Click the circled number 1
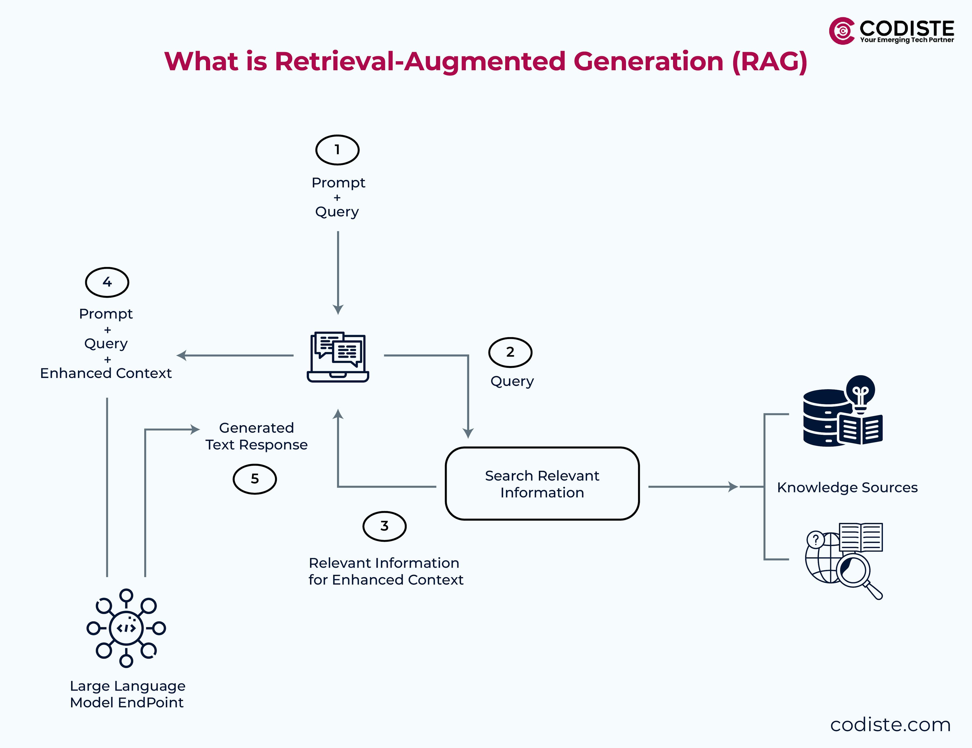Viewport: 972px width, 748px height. [337, 150]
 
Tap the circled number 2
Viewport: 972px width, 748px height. [510, 352]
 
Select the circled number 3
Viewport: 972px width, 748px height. [384, 526]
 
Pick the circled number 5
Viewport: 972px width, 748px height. [255, 479]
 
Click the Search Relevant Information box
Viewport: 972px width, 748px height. [542, 484]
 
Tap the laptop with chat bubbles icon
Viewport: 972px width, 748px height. [338, 356]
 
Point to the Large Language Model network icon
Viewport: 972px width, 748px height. [126, 628]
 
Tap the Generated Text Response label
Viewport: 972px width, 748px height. [256, 436]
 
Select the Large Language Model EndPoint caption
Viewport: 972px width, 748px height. [127, 694]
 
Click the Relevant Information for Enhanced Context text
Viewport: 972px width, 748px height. [386, 571]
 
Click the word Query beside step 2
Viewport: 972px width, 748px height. [512, 381]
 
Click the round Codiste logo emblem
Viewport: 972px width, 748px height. [841, 31]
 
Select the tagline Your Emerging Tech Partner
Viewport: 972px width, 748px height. [907, 40]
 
